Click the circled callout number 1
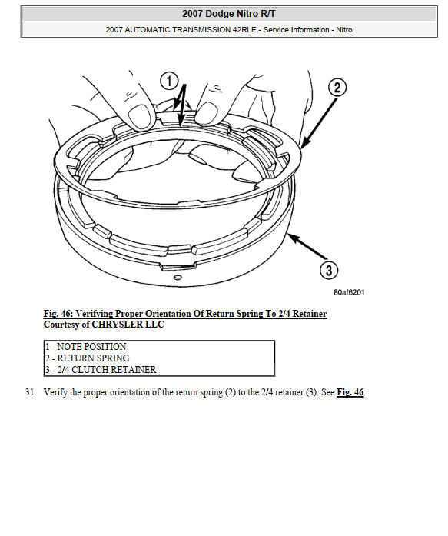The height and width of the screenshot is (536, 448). (169, 81)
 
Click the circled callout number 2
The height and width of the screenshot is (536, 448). (337, 87)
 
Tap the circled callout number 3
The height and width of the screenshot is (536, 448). (328, 270)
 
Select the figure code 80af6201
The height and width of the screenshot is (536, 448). (349, 292)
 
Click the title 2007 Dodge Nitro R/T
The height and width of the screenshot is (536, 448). (229, 14)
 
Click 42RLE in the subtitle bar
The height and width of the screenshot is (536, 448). (244, 30)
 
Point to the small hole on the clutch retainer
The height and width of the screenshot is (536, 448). (178, 278)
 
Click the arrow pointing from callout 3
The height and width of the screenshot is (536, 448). (307, 246)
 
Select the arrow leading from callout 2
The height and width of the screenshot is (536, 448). (319, 123)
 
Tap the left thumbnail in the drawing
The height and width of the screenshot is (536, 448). (140, 116)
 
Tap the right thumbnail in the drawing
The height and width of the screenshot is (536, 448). (206, 113)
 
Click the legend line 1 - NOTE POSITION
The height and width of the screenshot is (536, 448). (86, 347)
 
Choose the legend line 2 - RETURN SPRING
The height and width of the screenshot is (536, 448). (88, 358)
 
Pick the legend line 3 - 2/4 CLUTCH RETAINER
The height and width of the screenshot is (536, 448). (101, 370)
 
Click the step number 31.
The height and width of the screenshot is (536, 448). (31, 392)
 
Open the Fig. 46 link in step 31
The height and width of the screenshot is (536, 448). (350, 392)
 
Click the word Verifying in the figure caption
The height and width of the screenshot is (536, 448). (95, 314)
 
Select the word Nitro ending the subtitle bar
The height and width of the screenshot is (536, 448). (343, 30)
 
